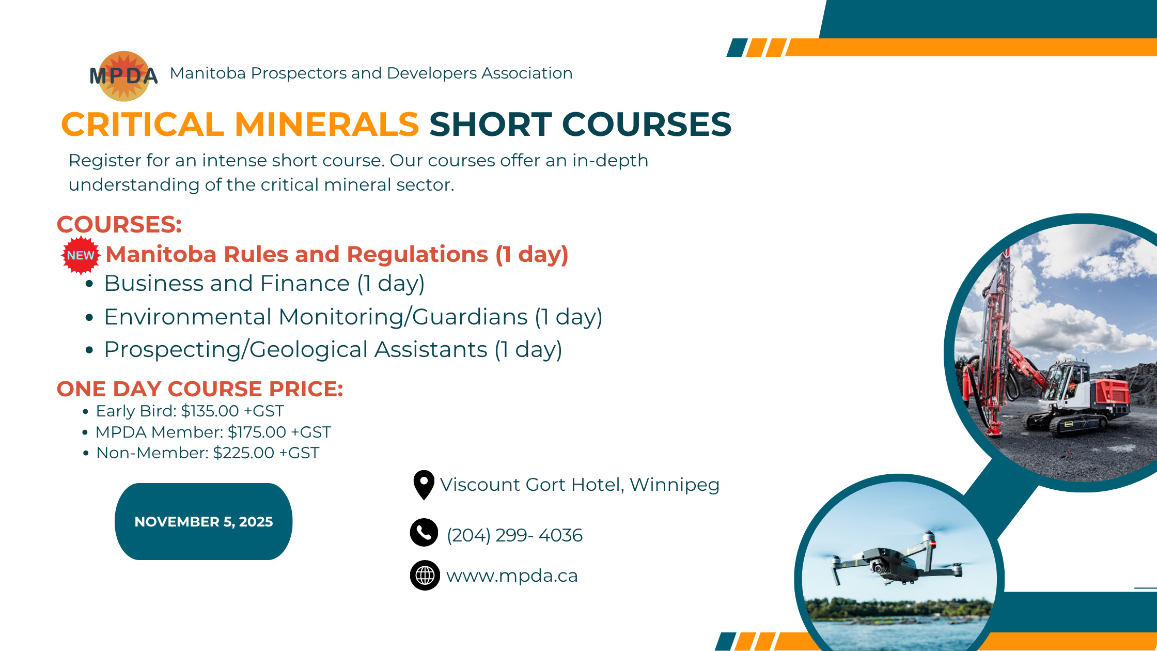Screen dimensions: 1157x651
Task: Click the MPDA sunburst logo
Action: tap(124, 76)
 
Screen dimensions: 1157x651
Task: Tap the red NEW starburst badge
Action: tap(81, 255)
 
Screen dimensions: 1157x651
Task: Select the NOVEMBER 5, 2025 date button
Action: tap(204, 521)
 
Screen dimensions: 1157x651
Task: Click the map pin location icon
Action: tap(424, 485)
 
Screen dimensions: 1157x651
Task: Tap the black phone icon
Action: tap(424, 532)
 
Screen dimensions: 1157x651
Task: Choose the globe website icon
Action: tap(425, 575)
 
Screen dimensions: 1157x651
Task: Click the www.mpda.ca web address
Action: tap(512, 576)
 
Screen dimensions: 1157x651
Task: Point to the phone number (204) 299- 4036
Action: tap(514, 535)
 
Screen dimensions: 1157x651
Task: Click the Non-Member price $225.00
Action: tap(244, 453)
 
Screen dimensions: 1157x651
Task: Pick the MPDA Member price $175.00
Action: tap(257, 432)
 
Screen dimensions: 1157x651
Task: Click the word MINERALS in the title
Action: tap(326, 125)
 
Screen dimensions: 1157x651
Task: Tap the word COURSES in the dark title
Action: tap(647, 125)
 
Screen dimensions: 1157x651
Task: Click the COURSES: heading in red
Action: tap(119, 225)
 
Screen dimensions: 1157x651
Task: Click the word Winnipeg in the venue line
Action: tap(675, 485)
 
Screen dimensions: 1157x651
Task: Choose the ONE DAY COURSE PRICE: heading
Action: tap(200, 389)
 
